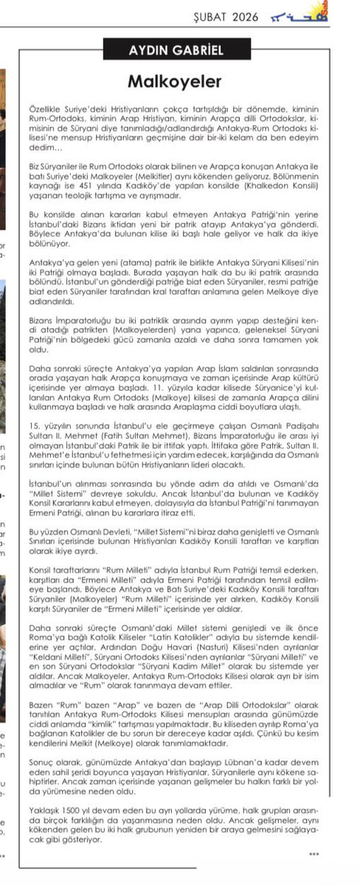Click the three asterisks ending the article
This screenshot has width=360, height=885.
[x=314, y=853]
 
